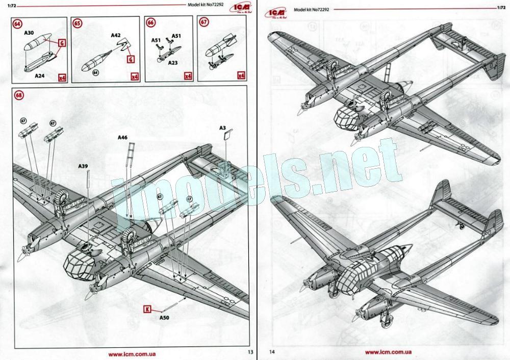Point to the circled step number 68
19,95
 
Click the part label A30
29,33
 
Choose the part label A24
39,75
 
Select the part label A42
116,36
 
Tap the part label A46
122,138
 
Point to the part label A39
83,166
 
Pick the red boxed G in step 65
130,59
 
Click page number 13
250,351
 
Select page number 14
271,351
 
